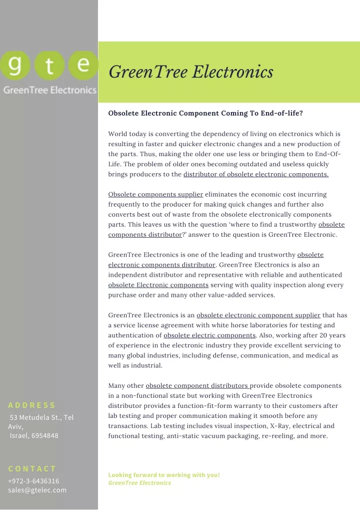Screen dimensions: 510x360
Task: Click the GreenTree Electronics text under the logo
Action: pyautogui.click(x=49, y=91)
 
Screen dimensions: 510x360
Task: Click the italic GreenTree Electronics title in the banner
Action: pyautogui.click(x=191, y=72)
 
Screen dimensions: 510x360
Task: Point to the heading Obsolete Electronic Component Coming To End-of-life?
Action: pyautogui.click(x=205, y=113)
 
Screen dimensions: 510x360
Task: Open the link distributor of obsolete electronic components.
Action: pyautogui.click(x=256, y=174)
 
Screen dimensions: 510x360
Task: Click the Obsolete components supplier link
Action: pyautogui.click(x=155, y=194)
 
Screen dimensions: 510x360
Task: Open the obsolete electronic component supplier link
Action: pyautogui.click(x=258, y=315)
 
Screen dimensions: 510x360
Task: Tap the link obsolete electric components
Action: pyautogui.click(x=209, y=335)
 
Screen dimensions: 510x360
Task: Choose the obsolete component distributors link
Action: pyautogui.click(x=197, y=385)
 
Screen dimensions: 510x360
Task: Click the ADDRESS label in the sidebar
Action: pyautogui.click(x=32, y=405)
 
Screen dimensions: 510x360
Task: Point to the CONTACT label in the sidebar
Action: pyautogui.click(x=32, y=468)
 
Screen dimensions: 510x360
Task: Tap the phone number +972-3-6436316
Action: pyautogui.click(x=33, y=480)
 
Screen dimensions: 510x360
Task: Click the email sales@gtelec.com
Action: pyautogui.click(x=37, y=490)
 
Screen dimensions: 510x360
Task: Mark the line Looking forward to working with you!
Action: pyautogui.click(x=164, y=474)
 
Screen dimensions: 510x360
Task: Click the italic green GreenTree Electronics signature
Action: pyautogui.click(x=139, y=483)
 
